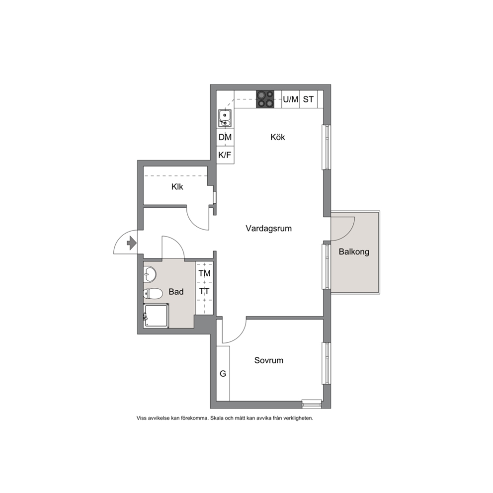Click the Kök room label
pos(278,137)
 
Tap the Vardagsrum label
pos(268,228)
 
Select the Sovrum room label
pos(269,360)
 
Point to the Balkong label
pos(354,252)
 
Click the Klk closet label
pos(177,187)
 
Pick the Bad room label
pos(176,292)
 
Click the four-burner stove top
pos(265,99)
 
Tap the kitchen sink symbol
pos(225,118)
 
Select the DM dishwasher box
pos(225,137)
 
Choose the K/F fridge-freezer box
pos(225,155)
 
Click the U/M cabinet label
pos(291,99)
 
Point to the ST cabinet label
pos(308,99)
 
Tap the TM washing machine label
pos(204,273)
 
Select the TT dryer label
pos(204,291)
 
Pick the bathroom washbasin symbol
pos(150,274)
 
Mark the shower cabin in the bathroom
pos(156,316)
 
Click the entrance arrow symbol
pos(131,243)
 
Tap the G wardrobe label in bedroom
pos(223,374)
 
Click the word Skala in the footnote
pos(217,418)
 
